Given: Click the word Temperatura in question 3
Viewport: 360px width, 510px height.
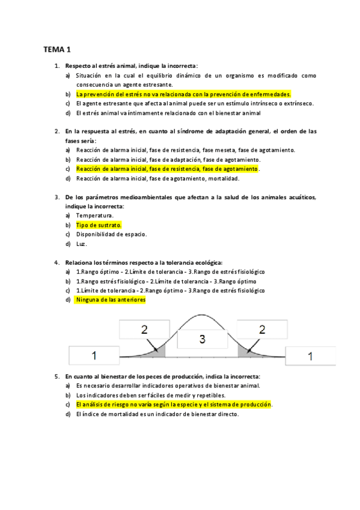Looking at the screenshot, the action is pos(94,215).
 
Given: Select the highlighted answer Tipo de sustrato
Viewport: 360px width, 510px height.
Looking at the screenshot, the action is pos(99,225).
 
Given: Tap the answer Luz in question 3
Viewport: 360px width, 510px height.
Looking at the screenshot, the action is pos(82,244).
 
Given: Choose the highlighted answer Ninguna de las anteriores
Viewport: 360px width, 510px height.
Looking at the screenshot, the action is pos(111,300).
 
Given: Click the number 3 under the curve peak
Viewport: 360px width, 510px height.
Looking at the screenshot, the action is pos(202,340).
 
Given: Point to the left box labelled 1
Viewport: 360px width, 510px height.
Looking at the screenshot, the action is pos(94,356).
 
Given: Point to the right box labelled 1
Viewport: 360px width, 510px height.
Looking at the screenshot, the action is pos(310,356).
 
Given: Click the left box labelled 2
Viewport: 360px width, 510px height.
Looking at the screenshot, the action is pos(144,330).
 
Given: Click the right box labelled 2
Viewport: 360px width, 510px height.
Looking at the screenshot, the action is pos(261,330).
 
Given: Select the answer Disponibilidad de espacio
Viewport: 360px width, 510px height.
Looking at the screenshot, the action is pos(111,235).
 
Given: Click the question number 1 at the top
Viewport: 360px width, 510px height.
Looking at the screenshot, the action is pos(57,66).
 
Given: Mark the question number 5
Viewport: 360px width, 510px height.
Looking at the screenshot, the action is pos(57,376).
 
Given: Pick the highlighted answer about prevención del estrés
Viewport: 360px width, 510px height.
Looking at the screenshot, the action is pos(183,94).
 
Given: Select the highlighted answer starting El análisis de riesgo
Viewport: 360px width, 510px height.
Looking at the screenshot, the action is pos(174,405).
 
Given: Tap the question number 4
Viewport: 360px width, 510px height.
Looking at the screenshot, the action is pos(57,262).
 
